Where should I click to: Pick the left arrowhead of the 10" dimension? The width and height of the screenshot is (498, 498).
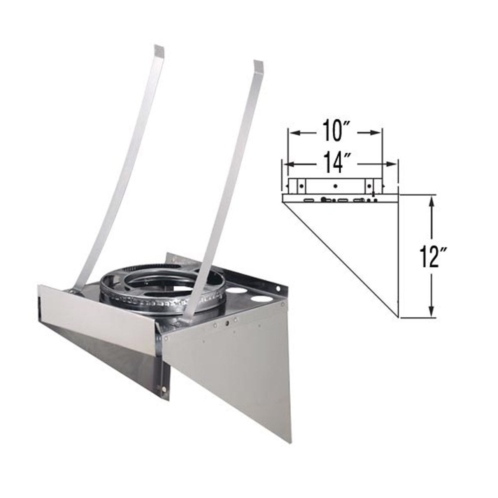[x=291, y=133]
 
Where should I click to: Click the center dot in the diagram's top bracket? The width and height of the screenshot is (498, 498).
[x=335, y=186]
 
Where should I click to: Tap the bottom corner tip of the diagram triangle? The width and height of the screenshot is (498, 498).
[x=400, y=317]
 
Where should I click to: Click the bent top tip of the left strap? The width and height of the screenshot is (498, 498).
[x=159, y=49]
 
